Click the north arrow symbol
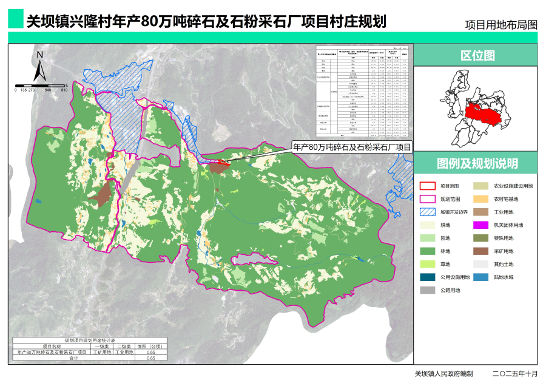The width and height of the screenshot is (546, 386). pos(39,67)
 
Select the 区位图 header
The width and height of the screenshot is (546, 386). pos(477,56)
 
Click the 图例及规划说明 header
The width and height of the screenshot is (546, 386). pos(477,164)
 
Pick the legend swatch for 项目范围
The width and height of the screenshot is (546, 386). pos(428,186)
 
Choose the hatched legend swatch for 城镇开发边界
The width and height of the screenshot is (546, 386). pos(428,212)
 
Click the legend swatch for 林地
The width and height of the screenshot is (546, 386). pos(428,251)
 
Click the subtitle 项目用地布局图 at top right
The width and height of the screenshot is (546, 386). pos(501,25)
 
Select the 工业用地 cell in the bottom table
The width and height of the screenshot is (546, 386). pos(124,352)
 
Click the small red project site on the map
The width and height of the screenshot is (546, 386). pos(221,162)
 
